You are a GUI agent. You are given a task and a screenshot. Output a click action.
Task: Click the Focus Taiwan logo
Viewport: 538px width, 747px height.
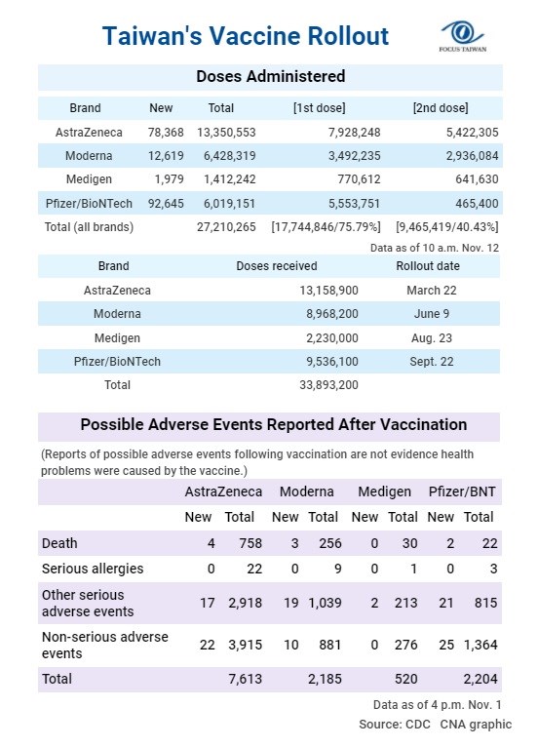pyautogui.click(x=463, y=36)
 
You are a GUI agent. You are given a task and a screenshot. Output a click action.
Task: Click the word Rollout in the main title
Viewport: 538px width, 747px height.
pyautogui.click(x=348, y=36)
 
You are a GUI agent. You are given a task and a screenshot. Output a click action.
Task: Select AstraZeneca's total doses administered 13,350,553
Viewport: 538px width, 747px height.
pyautogui.click(x=226, y=133)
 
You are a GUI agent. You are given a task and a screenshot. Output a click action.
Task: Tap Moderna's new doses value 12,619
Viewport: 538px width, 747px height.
pyautogui.click(x=166, y=156)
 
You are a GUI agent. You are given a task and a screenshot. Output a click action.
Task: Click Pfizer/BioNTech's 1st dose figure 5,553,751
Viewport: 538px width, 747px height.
pyautogui.click(x=354, y=204)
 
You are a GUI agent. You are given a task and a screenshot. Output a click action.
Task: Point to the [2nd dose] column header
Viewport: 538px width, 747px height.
pyautogui.click(x=441, y=108)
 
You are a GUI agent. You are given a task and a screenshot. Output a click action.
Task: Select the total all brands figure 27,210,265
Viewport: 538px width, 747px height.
pyautogui.click(x=226, y=227)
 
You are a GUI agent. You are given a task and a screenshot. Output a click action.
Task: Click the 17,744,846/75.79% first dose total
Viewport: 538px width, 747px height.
pyautogui.click(x=327, y=227)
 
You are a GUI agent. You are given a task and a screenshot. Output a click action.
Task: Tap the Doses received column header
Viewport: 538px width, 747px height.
pyautogui.click(x=277, y=266)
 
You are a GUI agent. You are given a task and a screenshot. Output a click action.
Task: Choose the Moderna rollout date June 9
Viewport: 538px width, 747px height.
pyautogui.click(x=432, y=313)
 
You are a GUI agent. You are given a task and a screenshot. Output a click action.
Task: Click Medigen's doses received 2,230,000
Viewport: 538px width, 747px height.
pyautogui.click(x=331, y=337)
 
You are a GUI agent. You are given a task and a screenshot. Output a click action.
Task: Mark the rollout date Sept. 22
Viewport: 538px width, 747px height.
pyautogui.click(x=432, y=362)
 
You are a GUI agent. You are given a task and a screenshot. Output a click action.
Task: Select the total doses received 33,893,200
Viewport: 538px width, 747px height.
pyautogui.click(x=328, y=385)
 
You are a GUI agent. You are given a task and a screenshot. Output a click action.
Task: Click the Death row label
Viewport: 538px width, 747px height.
pyautogui.click(x=59, y=543)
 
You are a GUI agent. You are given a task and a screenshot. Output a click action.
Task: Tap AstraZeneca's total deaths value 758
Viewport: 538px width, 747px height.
pyautogui.click(x=250, y=543)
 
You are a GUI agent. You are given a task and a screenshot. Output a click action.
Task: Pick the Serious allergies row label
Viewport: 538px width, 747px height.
pyautogui.click(x=93, y=569)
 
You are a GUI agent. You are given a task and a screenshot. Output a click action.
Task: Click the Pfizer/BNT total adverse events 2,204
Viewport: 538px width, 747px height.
pyautogui.click(x=480, y=679)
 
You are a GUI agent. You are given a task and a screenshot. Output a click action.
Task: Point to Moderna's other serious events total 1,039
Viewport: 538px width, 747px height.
pyautogui.click(x=325, y=603)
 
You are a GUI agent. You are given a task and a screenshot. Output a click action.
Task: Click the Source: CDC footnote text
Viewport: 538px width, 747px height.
pyautogui.click(x=394, y=725)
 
